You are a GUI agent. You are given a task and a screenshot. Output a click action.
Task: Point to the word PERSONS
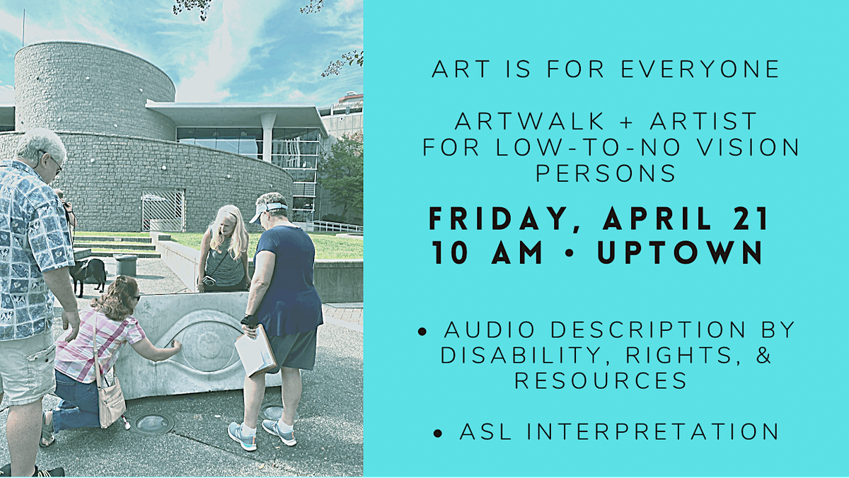point(606,173)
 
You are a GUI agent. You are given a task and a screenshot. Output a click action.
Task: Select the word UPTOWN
point(681,253)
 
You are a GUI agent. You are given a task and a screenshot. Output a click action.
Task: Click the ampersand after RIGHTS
point(761,355)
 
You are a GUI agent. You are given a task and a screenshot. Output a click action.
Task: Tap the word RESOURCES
point(601,380)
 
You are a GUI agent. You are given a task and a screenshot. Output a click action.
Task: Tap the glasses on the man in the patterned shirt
point(55,165)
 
